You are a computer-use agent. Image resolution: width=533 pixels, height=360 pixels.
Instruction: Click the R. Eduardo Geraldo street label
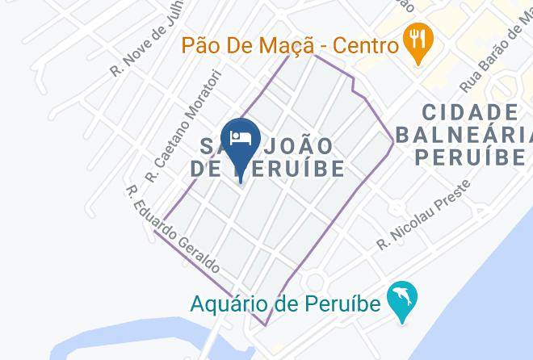pyautogui.click(x=171, y=230)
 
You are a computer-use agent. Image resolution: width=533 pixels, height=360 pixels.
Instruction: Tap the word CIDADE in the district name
pyautogui.click(x=468, y=111)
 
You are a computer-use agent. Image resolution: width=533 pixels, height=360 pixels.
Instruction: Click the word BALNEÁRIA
pyautogui.click(x=465, y=133)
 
